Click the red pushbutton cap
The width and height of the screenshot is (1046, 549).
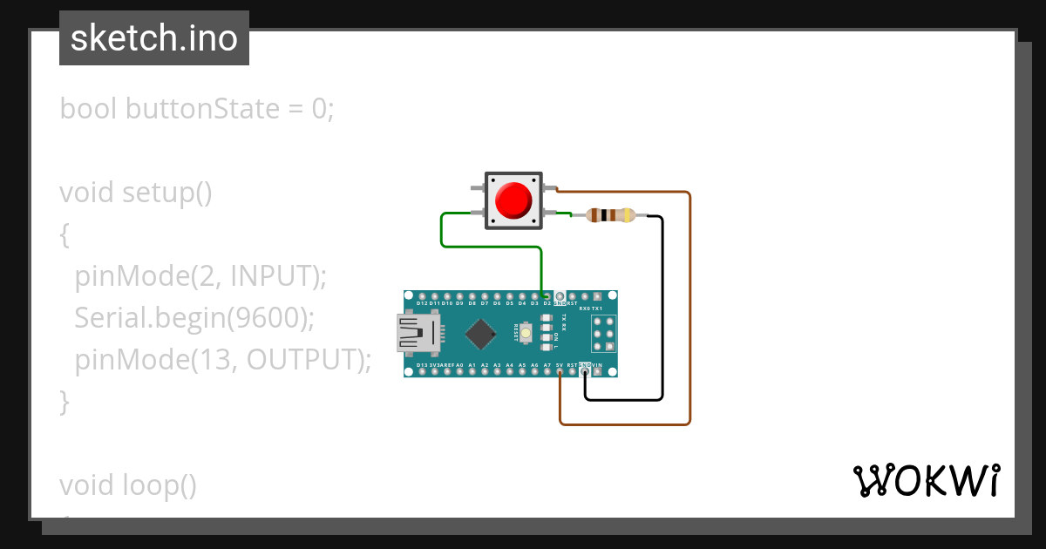pos(513,200)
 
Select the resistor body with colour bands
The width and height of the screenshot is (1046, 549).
pos(611,215)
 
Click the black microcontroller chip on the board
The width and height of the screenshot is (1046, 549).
pos(480,333)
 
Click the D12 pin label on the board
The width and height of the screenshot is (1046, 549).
pos(423,303)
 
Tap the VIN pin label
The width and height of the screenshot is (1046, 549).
pos(597,365)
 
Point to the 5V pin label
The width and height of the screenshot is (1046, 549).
pos(559,365)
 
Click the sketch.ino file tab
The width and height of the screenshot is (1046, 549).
pos(154,38)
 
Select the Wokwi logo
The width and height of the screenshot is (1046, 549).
pos(926,481)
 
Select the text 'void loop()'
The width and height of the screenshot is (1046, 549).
pos(128,485)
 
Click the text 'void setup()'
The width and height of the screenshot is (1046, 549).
pos(136,192)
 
